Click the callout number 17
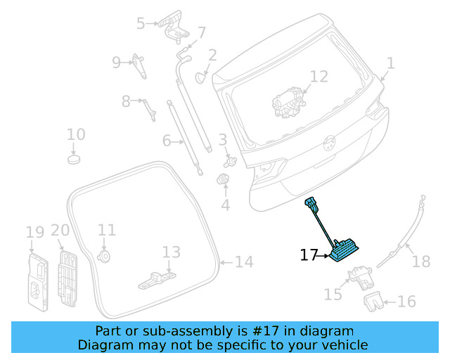tap(309, 255)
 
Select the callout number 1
tap(390, 64)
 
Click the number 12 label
tap(319, 77)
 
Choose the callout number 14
tap(243, 262)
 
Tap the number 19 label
tap(34, 232)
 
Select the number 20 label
tap(60, 230)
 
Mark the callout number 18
tap(420, 262)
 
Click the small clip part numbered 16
tap(373, 303)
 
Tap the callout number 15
tap(332, 293)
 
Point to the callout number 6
tap(167, 141)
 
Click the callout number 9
tap(116, 62)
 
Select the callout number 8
tap(126, 101)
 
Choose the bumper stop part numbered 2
tap(199, 75)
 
